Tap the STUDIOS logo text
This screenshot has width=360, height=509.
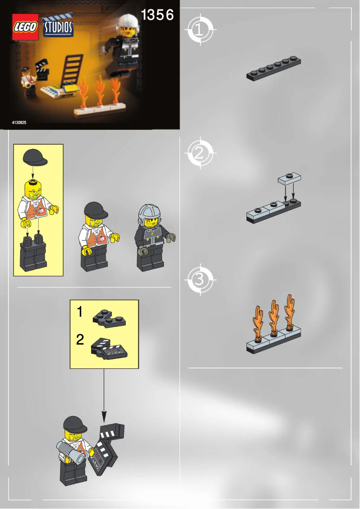point(58,27)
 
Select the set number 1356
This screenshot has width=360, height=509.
point(157,15)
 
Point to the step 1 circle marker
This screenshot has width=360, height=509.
point(199,30)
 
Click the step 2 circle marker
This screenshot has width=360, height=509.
point(199,154)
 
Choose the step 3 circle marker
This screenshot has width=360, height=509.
point(199,280)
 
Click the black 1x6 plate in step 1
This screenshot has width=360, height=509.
point(273,69)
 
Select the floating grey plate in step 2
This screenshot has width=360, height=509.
point(289,178)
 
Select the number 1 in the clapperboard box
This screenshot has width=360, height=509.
point(79,312)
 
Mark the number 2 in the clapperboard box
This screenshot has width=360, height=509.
point(79,340)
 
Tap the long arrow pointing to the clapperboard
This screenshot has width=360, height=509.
point(104,391)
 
